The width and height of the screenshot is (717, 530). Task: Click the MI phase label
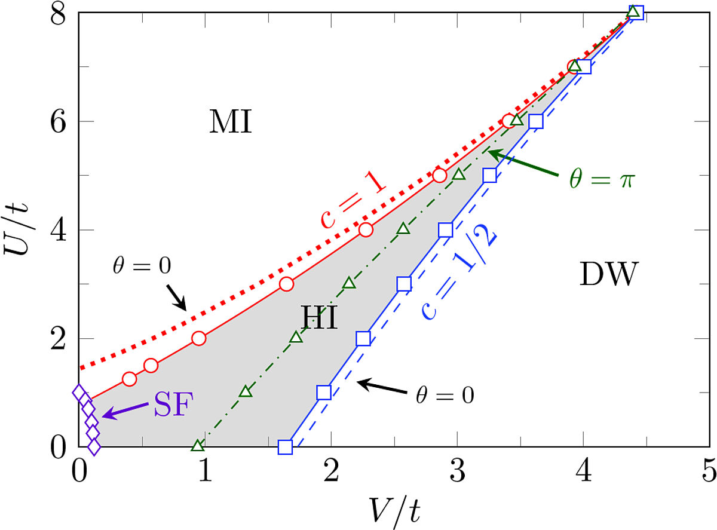point(231,123)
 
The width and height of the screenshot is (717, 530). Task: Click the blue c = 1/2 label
point(461,274)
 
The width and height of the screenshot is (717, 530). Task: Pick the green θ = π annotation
point(600,179)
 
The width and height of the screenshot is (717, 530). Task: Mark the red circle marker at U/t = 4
point(366,229)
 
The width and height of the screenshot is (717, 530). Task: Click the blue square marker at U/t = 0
point(285,447)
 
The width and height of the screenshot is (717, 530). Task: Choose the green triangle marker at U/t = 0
point(198,446)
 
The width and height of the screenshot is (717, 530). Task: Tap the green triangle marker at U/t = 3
point(350,283)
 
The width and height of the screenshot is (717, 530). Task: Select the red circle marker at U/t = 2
point(199,338)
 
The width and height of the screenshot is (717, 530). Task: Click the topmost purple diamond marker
point(78,393)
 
